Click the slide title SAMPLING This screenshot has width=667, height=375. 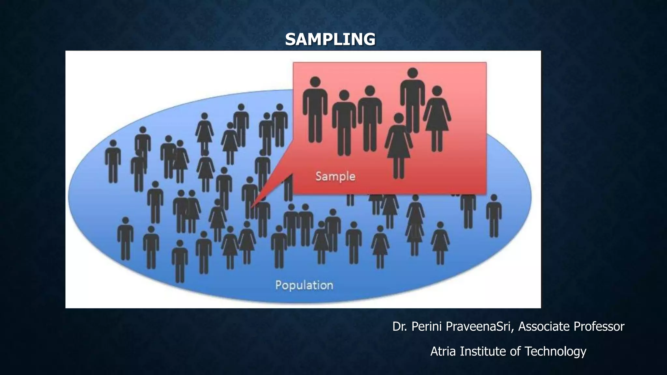[x=330, y=39]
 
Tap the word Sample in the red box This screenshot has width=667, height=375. [x=335, y=176]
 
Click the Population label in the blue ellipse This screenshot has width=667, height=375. [x=304, y=285]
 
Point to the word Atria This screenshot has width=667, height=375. [x=443, y=352]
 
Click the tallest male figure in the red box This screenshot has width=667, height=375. [x=412, y=101]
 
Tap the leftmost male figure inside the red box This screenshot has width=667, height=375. [x=315, y=111]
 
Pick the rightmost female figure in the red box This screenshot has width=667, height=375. [x=437, y=119]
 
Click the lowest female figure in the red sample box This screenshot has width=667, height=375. [x=398, y=146]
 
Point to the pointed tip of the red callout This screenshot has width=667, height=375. [x=252, y=207]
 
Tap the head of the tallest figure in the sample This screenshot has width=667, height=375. [x=413, y=73]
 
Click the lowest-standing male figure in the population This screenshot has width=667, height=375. [x=180, y=260]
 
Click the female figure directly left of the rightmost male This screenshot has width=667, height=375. [x=440, y=243]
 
